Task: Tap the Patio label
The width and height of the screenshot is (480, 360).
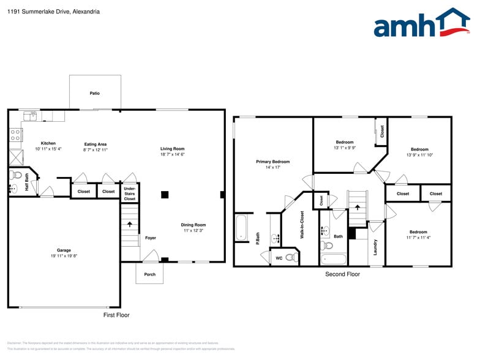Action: (x=94, y=93)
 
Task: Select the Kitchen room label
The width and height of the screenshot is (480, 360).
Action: (x=48, y=143)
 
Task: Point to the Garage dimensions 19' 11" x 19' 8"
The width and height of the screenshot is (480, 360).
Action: (x=64, y=256)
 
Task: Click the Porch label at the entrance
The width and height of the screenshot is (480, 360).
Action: (x=149, y=274)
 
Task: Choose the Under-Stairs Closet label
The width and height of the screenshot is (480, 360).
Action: (x=129, y=193)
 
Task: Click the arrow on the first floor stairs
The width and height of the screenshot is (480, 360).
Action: (x=129, y=225)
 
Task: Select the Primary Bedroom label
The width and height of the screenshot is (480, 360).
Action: (x=272, y=162)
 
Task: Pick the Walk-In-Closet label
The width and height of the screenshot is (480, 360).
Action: (x=302, y=225)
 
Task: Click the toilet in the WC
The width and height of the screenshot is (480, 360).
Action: (x=290, y=258)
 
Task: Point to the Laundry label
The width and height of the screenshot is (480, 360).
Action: (x=375, y=247)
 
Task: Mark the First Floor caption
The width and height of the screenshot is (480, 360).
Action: (x=116, y=315)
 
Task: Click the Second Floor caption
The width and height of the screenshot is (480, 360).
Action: (x=342, y=274)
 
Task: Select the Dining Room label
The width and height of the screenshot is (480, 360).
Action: (x=193, y=225)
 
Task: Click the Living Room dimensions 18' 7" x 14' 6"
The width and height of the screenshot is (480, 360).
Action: (x=172, y=154)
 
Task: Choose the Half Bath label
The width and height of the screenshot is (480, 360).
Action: (x=27, y=184)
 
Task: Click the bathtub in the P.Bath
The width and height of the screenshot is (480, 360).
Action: (x=241, y=227)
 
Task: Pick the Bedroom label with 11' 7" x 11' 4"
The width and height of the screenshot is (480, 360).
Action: (x=418, y=232)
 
